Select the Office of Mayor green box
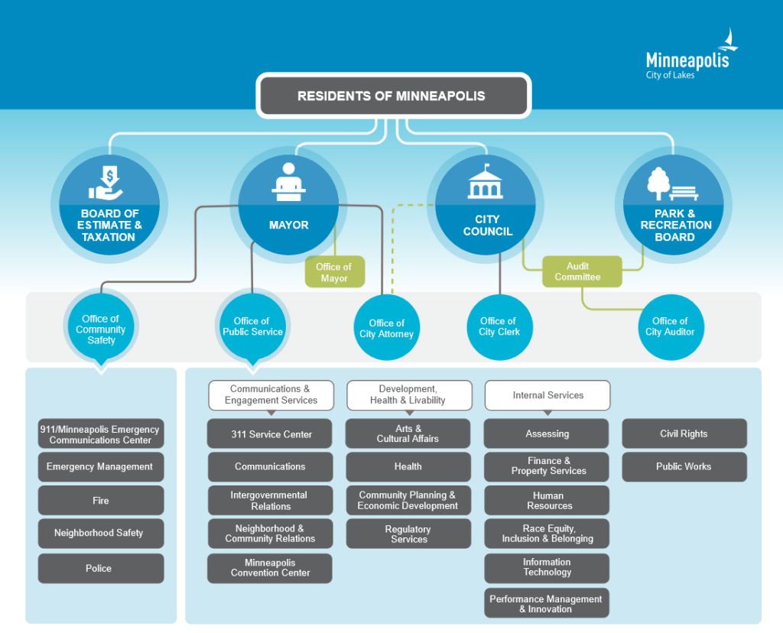point(334,272)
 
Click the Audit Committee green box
point(577,271)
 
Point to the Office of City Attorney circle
point(386,328)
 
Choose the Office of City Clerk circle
point(499,326)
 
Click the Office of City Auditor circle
point(670,326)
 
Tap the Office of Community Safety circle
point(100,329)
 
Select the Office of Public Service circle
point(252,326)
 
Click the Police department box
point(100,568)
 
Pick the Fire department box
point(100,501)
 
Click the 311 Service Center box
point(271,433)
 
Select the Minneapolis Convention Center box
point(271,568)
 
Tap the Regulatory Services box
point(408,534)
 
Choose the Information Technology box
point(547,567)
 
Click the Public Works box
point(684,466)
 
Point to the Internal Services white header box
point(547,395)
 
